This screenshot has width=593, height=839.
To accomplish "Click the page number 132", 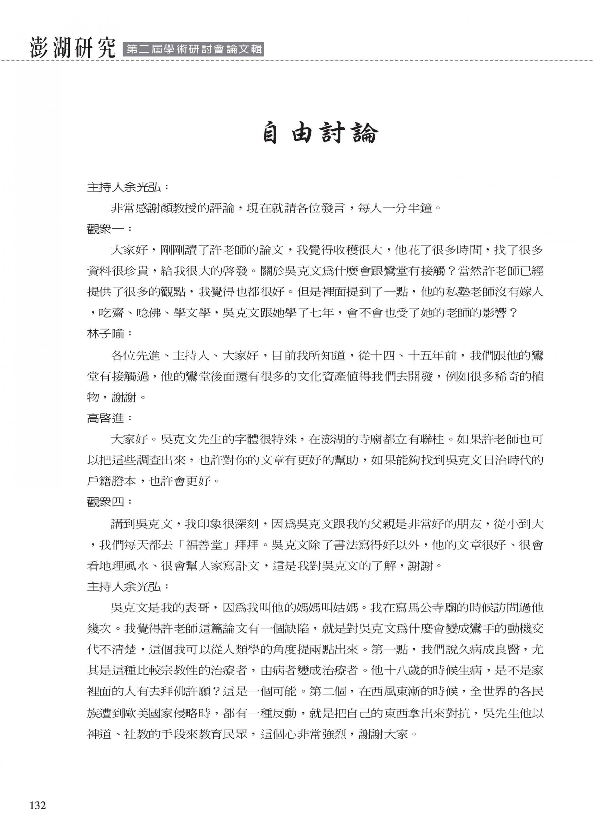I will coord(38,806).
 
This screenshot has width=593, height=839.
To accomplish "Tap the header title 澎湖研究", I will coord(72,47).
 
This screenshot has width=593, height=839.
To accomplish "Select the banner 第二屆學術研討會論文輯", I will coord(194,49).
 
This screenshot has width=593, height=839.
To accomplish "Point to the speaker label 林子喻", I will coord(105,334).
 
